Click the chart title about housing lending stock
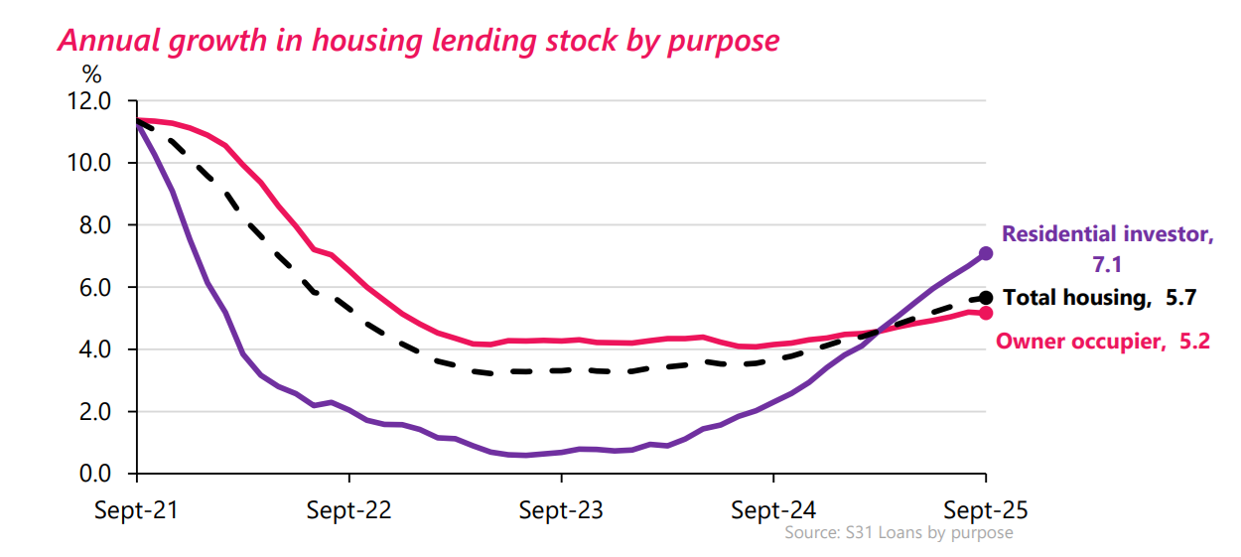click(418, 40)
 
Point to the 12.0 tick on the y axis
click(90, 101)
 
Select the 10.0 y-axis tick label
click(90, 163)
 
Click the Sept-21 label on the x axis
click(137, 510)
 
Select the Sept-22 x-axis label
click(349, 510)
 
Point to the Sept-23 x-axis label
click(561, 510)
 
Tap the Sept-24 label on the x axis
click(773, 510)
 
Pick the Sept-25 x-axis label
click(985, 510)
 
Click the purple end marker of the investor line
click(986, 253)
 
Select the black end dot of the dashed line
click(986, 297)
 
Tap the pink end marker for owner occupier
click(986, 313)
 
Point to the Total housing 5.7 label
click(1098, 297)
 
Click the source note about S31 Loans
click(898, 533)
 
